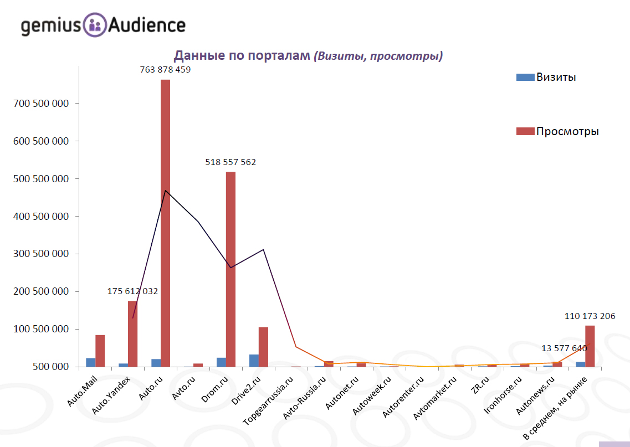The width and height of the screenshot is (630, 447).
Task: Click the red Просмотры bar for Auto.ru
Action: coord(165,222)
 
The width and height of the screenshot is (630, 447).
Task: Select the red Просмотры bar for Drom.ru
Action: coord(231,269)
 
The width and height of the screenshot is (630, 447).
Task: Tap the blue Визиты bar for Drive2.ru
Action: coord(254,361)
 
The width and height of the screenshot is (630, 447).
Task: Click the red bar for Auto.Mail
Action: coord(100,351)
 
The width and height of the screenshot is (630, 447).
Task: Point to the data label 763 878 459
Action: coord(165,70)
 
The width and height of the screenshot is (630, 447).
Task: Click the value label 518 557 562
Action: coord(231,162)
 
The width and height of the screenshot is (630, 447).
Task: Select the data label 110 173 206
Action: coord(590,316)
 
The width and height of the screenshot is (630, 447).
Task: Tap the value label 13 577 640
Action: coord(564,348)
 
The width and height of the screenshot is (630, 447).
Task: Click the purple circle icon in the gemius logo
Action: coord(95,25)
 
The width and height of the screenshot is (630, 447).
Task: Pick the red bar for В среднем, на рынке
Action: coord(590,346)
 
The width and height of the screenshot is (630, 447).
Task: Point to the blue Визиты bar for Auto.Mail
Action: coord(90,362)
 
